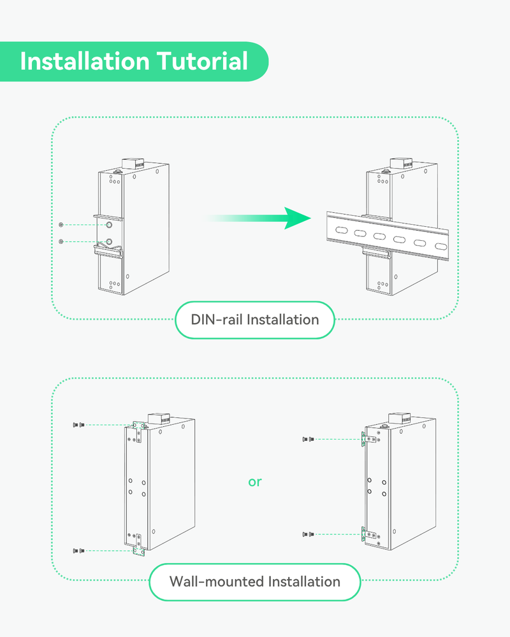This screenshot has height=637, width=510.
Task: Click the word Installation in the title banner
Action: (x=84, y=62)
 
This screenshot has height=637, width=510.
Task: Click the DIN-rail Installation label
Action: (x=255, y=319)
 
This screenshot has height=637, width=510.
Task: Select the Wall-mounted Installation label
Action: (x=255, y=582)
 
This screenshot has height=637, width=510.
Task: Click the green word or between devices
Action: (x=255, y=482)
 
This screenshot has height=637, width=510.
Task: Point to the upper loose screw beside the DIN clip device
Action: (x=61, y=225)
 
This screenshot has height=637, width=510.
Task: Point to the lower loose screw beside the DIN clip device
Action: (x=61, y=241)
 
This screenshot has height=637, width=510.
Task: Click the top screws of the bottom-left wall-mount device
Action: (x=77, y=424)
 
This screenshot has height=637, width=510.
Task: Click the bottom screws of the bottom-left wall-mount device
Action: (x=77, y=550)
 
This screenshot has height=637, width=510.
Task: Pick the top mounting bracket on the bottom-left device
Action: (x=138, y=432)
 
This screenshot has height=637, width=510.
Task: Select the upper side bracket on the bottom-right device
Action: (x=363, y=440)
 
